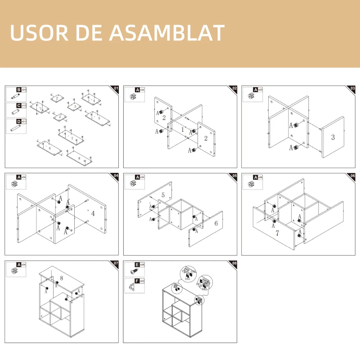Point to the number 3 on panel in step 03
point(333,137)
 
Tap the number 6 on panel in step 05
point(216,224)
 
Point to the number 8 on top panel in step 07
point(62,278)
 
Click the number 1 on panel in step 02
point(182,129)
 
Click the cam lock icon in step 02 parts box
point(132,96)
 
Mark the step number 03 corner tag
point(352,88)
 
